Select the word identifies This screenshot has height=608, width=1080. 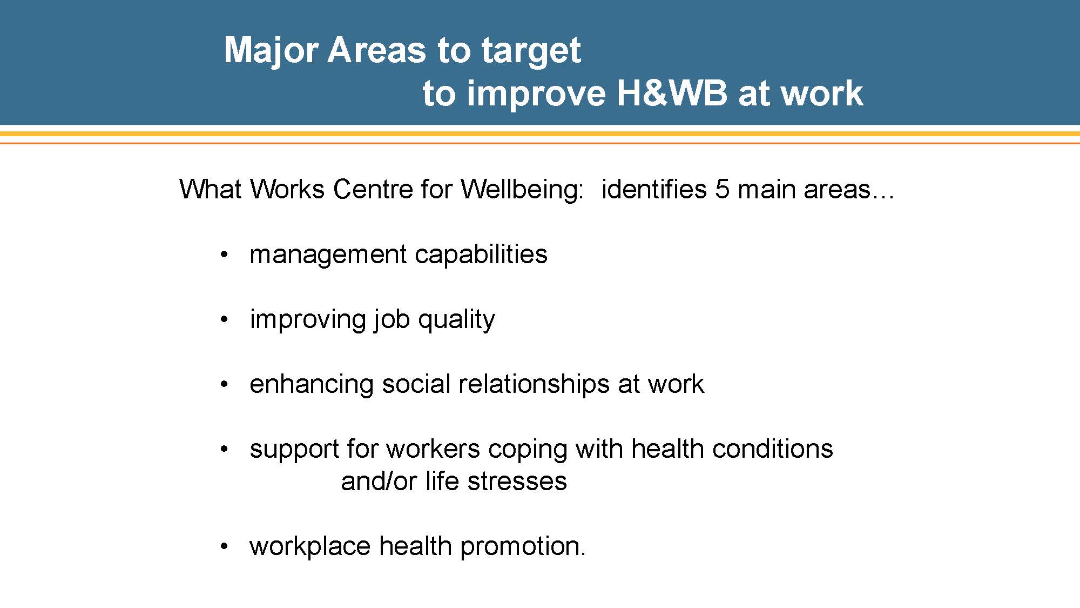click(654, 189)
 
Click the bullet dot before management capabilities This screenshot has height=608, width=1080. click(225, 255)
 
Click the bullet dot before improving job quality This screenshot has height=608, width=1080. click(225, 319)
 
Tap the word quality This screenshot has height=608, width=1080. click(456, 319)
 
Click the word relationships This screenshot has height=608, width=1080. click(534, 384)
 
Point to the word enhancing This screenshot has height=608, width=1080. click(312, 384)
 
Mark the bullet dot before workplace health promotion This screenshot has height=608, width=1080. click(225, 546)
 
